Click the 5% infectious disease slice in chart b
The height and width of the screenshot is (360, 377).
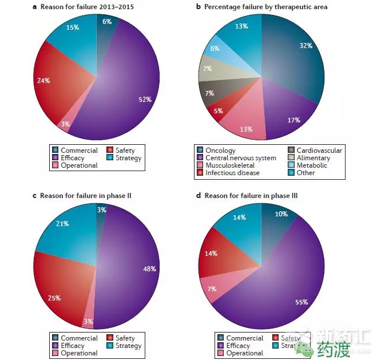[x=219, y=110]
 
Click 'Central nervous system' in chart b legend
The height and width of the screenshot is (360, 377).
[x=240, y=158]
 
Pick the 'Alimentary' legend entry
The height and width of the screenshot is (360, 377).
[x=313, y=158]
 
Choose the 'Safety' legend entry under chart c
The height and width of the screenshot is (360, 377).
[x=125, y=338]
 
